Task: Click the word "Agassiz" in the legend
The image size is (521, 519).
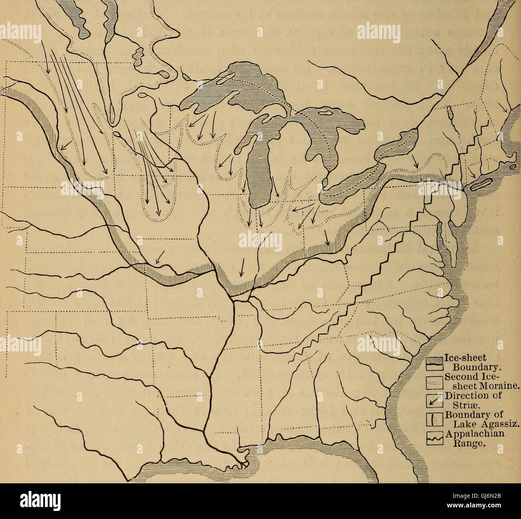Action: [495, 424]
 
